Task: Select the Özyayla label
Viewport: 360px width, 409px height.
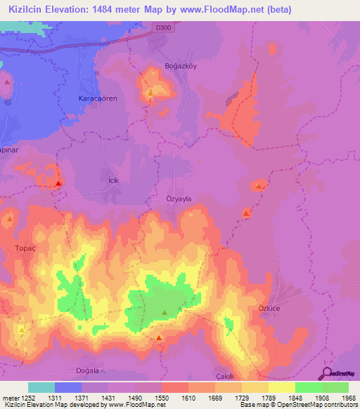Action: point(179,199)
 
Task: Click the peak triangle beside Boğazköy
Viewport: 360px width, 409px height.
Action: point(150,91)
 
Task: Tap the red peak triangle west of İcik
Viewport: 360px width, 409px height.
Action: point(58,183)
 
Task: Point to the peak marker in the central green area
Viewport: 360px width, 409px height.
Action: point(165,312)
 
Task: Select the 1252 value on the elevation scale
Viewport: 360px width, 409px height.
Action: point(25,397)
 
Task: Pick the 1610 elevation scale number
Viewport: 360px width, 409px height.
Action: point(188,397)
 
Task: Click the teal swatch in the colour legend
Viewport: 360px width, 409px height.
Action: point(41,387)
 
